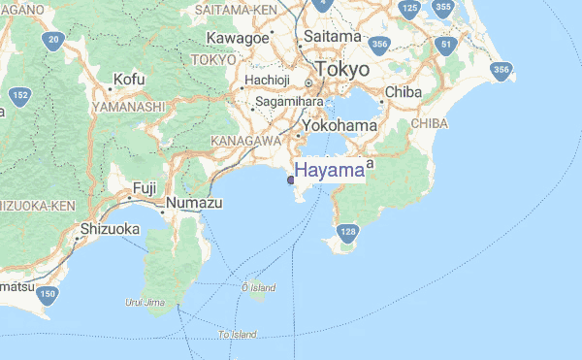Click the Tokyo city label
point(340,70)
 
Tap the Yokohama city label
point(339,126)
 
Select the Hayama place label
point(329,171)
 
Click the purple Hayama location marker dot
point(291,180)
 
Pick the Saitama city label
point(333,37)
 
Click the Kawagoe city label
point(238,38)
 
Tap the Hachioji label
point(268,80)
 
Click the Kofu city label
point(129,79)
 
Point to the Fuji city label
point(145,187)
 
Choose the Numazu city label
point(194,203)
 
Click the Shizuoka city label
point(110,229)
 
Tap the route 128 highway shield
point(348,232)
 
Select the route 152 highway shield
point(18,95)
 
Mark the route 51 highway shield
point(446,45)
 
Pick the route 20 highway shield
point(53,41)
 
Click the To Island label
point(238,334)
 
